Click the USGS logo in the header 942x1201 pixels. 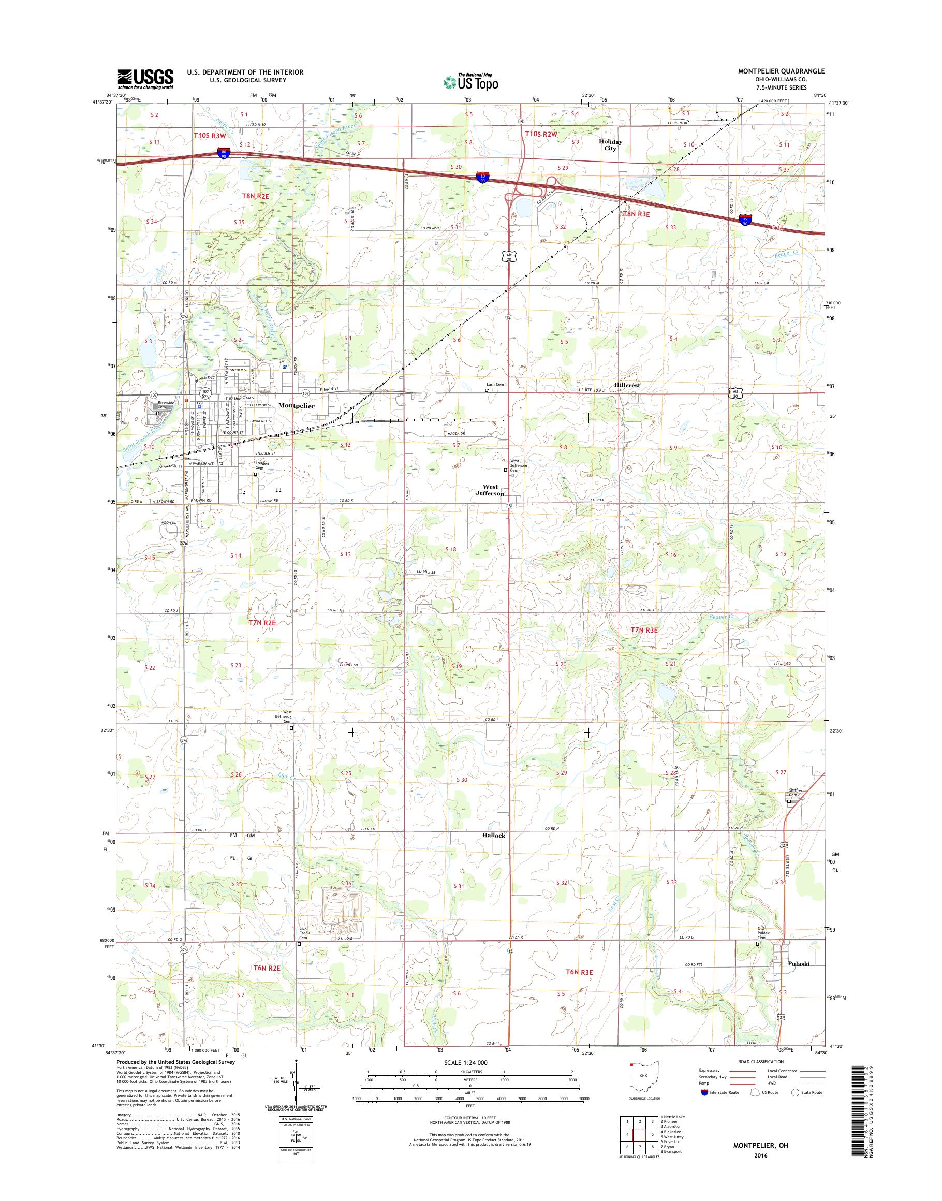point(145,79)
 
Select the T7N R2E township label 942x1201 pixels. point(258,622)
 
